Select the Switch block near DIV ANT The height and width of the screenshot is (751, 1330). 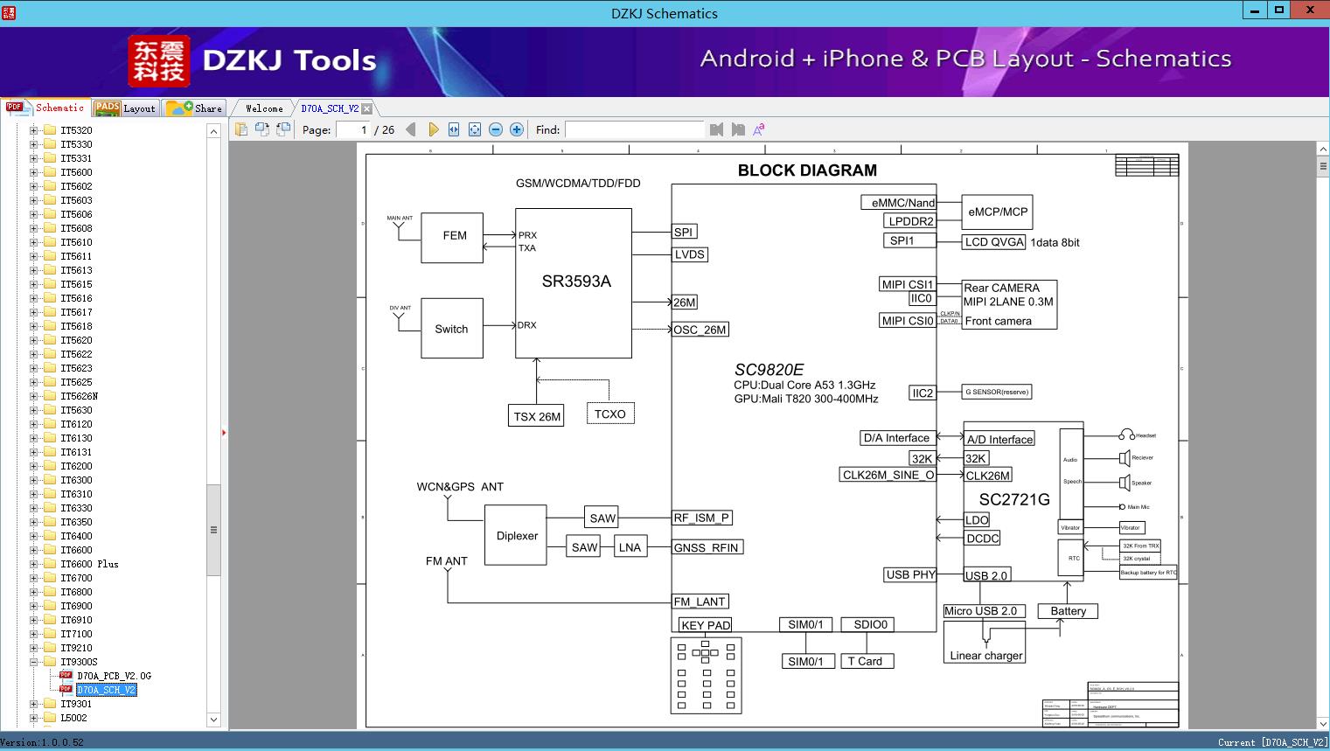point(451,329)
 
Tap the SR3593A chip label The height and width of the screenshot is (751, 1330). point(576,282)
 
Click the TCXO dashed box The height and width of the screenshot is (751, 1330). point(609,414)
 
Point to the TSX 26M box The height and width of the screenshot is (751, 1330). point(537,416)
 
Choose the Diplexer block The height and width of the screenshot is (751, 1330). point(516,536)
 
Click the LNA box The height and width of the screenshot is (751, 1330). point(630,547)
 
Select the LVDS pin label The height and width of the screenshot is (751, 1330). point(690,254)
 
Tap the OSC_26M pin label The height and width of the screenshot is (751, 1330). point(700,330)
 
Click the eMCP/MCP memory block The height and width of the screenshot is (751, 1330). point(997,212)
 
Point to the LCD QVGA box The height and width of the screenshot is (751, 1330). point(993,242)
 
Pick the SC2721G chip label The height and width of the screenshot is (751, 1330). point(1014,499)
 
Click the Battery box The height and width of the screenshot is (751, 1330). point(1068,611)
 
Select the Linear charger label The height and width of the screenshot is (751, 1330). point(985,655)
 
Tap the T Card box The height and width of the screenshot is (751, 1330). point(865,661)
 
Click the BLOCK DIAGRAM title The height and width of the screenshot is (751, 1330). point(806,170)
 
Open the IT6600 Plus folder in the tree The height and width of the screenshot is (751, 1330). point(89,564)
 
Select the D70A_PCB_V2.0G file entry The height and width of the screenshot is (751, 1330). point(114,676)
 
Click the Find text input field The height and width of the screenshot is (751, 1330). point(634,129)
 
